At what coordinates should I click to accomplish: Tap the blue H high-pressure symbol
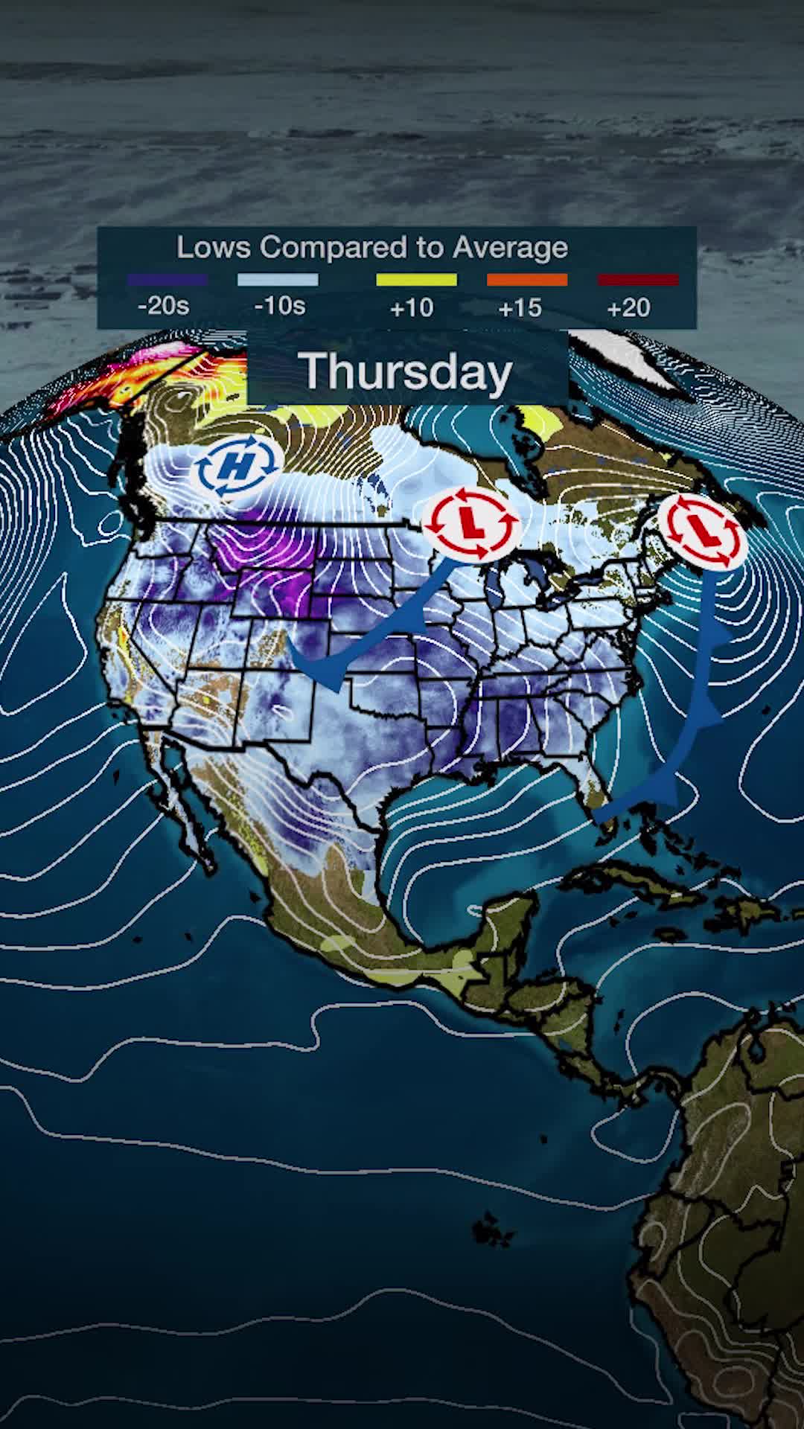click(x=237, y=467)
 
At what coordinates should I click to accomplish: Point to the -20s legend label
click(x=164, y=306)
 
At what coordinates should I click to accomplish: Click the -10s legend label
click(x=280, y=306)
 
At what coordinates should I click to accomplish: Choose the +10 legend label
click(x=412, y=307)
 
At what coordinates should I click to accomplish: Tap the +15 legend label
click(x=520, y=307)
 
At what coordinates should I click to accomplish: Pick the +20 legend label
click(x=629, y=307)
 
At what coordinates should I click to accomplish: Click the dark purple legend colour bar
click(x=167, y=280)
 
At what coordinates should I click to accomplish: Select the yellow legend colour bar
click(x=416, y=280)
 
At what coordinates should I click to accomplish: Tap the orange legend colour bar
click(x=527, y=280)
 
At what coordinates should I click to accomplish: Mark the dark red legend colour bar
click(x=638, y=280)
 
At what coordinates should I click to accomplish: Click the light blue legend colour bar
click(x=278, y=280)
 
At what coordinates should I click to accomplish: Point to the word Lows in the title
click(x=214, y=248)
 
